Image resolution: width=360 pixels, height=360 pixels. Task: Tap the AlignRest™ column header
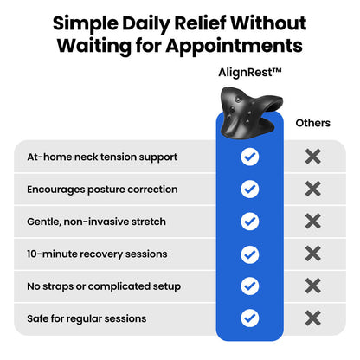coord(250,73)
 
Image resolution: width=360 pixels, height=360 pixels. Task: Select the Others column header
coord(313,123)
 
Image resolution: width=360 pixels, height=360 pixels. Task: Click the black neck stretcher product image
coord(250,112)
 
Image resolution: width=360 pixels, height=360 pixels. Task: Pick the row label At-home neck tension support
coord(102,157)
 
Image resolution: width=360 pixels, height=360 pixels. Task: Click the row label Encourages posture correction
coord(102,190)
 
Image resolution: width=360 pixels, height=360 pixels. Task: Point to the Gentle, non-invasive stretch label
coord(96,222)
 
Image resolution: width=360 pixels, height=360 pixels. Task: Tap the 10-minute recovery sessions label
coord(97,254)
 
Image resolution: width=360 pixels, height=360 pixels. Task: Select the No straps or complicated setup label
coord(104,286)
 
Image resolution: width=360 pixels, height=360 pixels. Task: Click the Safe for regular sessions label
coord(87,318)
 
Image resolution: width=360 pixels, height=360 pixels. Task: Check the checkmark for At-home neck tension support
coord(250,157)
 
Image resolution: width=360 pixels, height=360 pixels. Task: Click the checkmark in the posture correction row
coord(250,189)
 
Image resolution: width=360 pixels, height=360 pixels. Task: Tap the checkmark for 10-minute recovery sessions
coord(250,254)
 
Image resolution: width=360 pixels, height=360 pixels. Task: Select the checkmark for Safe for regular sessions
coord(250,318)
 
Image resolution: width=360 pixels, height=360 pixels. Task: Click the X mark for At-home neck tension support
coord(313,157)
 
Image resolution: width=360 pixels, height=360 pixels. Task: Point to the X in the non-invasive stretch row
coord(313,222)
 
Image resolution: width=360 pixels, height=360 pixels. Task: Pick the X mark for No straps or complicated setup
coord(313,286)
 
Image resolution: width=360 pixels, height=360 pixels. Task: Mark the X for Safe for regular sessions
coord(313,318)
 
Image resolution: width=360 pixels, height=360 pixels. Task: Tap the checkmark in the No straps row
coord(250,286)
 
